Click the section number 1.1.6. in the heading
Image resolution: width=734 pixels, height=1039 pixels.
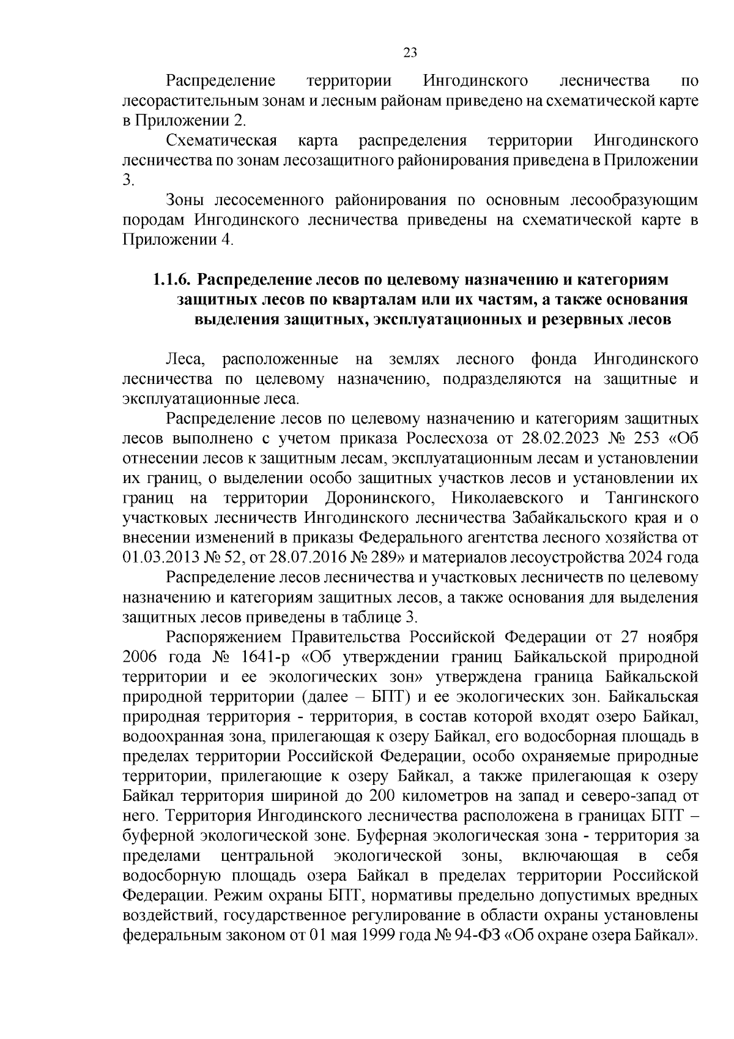[171, 280]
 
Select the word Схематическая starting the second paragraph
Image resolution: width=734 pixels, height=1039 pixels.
[221, 141]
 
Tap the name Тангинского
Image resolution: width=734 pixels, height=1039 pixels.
[652, 498]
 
